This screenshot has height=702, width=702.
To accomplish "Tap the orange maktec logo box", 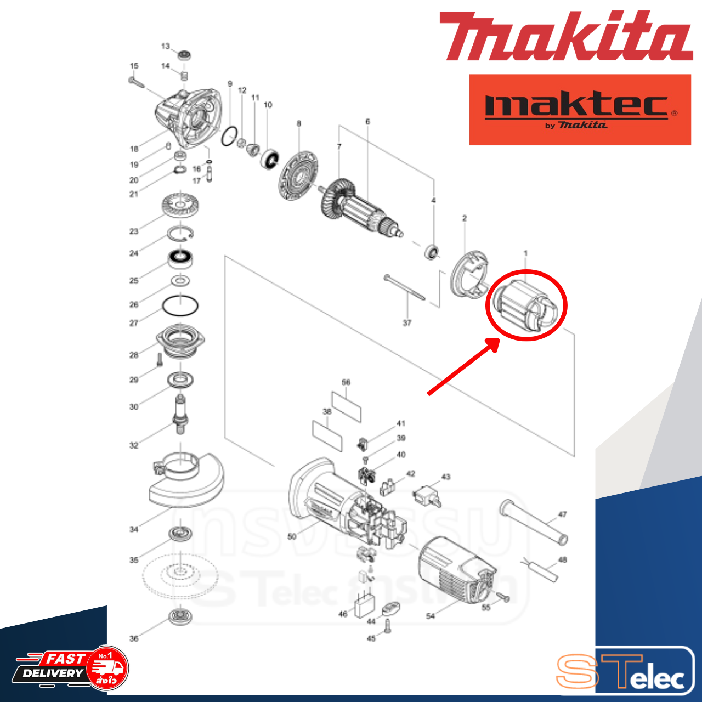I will [x=580, y=110].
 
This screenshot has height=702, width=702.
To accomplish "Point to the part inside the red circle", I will [x=525, y=305].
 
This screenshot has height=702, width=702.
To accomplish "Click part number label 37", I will [x=407, y=323].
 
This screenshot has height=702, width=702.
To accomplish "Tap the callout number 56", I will [x=346, y=382].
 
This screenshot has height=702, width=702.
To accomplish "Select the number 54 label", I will [x=431, y=616].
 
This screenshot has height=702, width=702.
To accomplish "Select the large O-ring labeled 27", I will [x=180, y=305].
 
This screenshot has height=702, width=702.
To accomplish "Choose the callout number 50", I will [x=292, y=536].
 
